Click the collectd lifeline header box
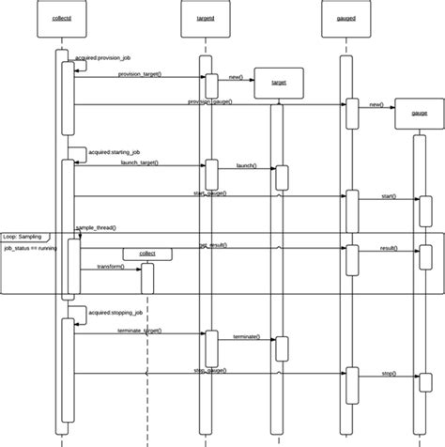pos(64,18)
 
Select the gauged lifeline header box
pos(345,18)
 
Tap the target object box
pos(279,83)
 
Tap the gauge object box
pos(419,113)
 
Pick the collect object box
pos(147,253)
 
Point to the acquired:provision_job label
pos(107,59)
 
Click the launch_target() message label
pos(139,162)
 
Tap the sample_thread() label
pos(96,228)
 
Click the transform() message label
pos(111,268)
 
